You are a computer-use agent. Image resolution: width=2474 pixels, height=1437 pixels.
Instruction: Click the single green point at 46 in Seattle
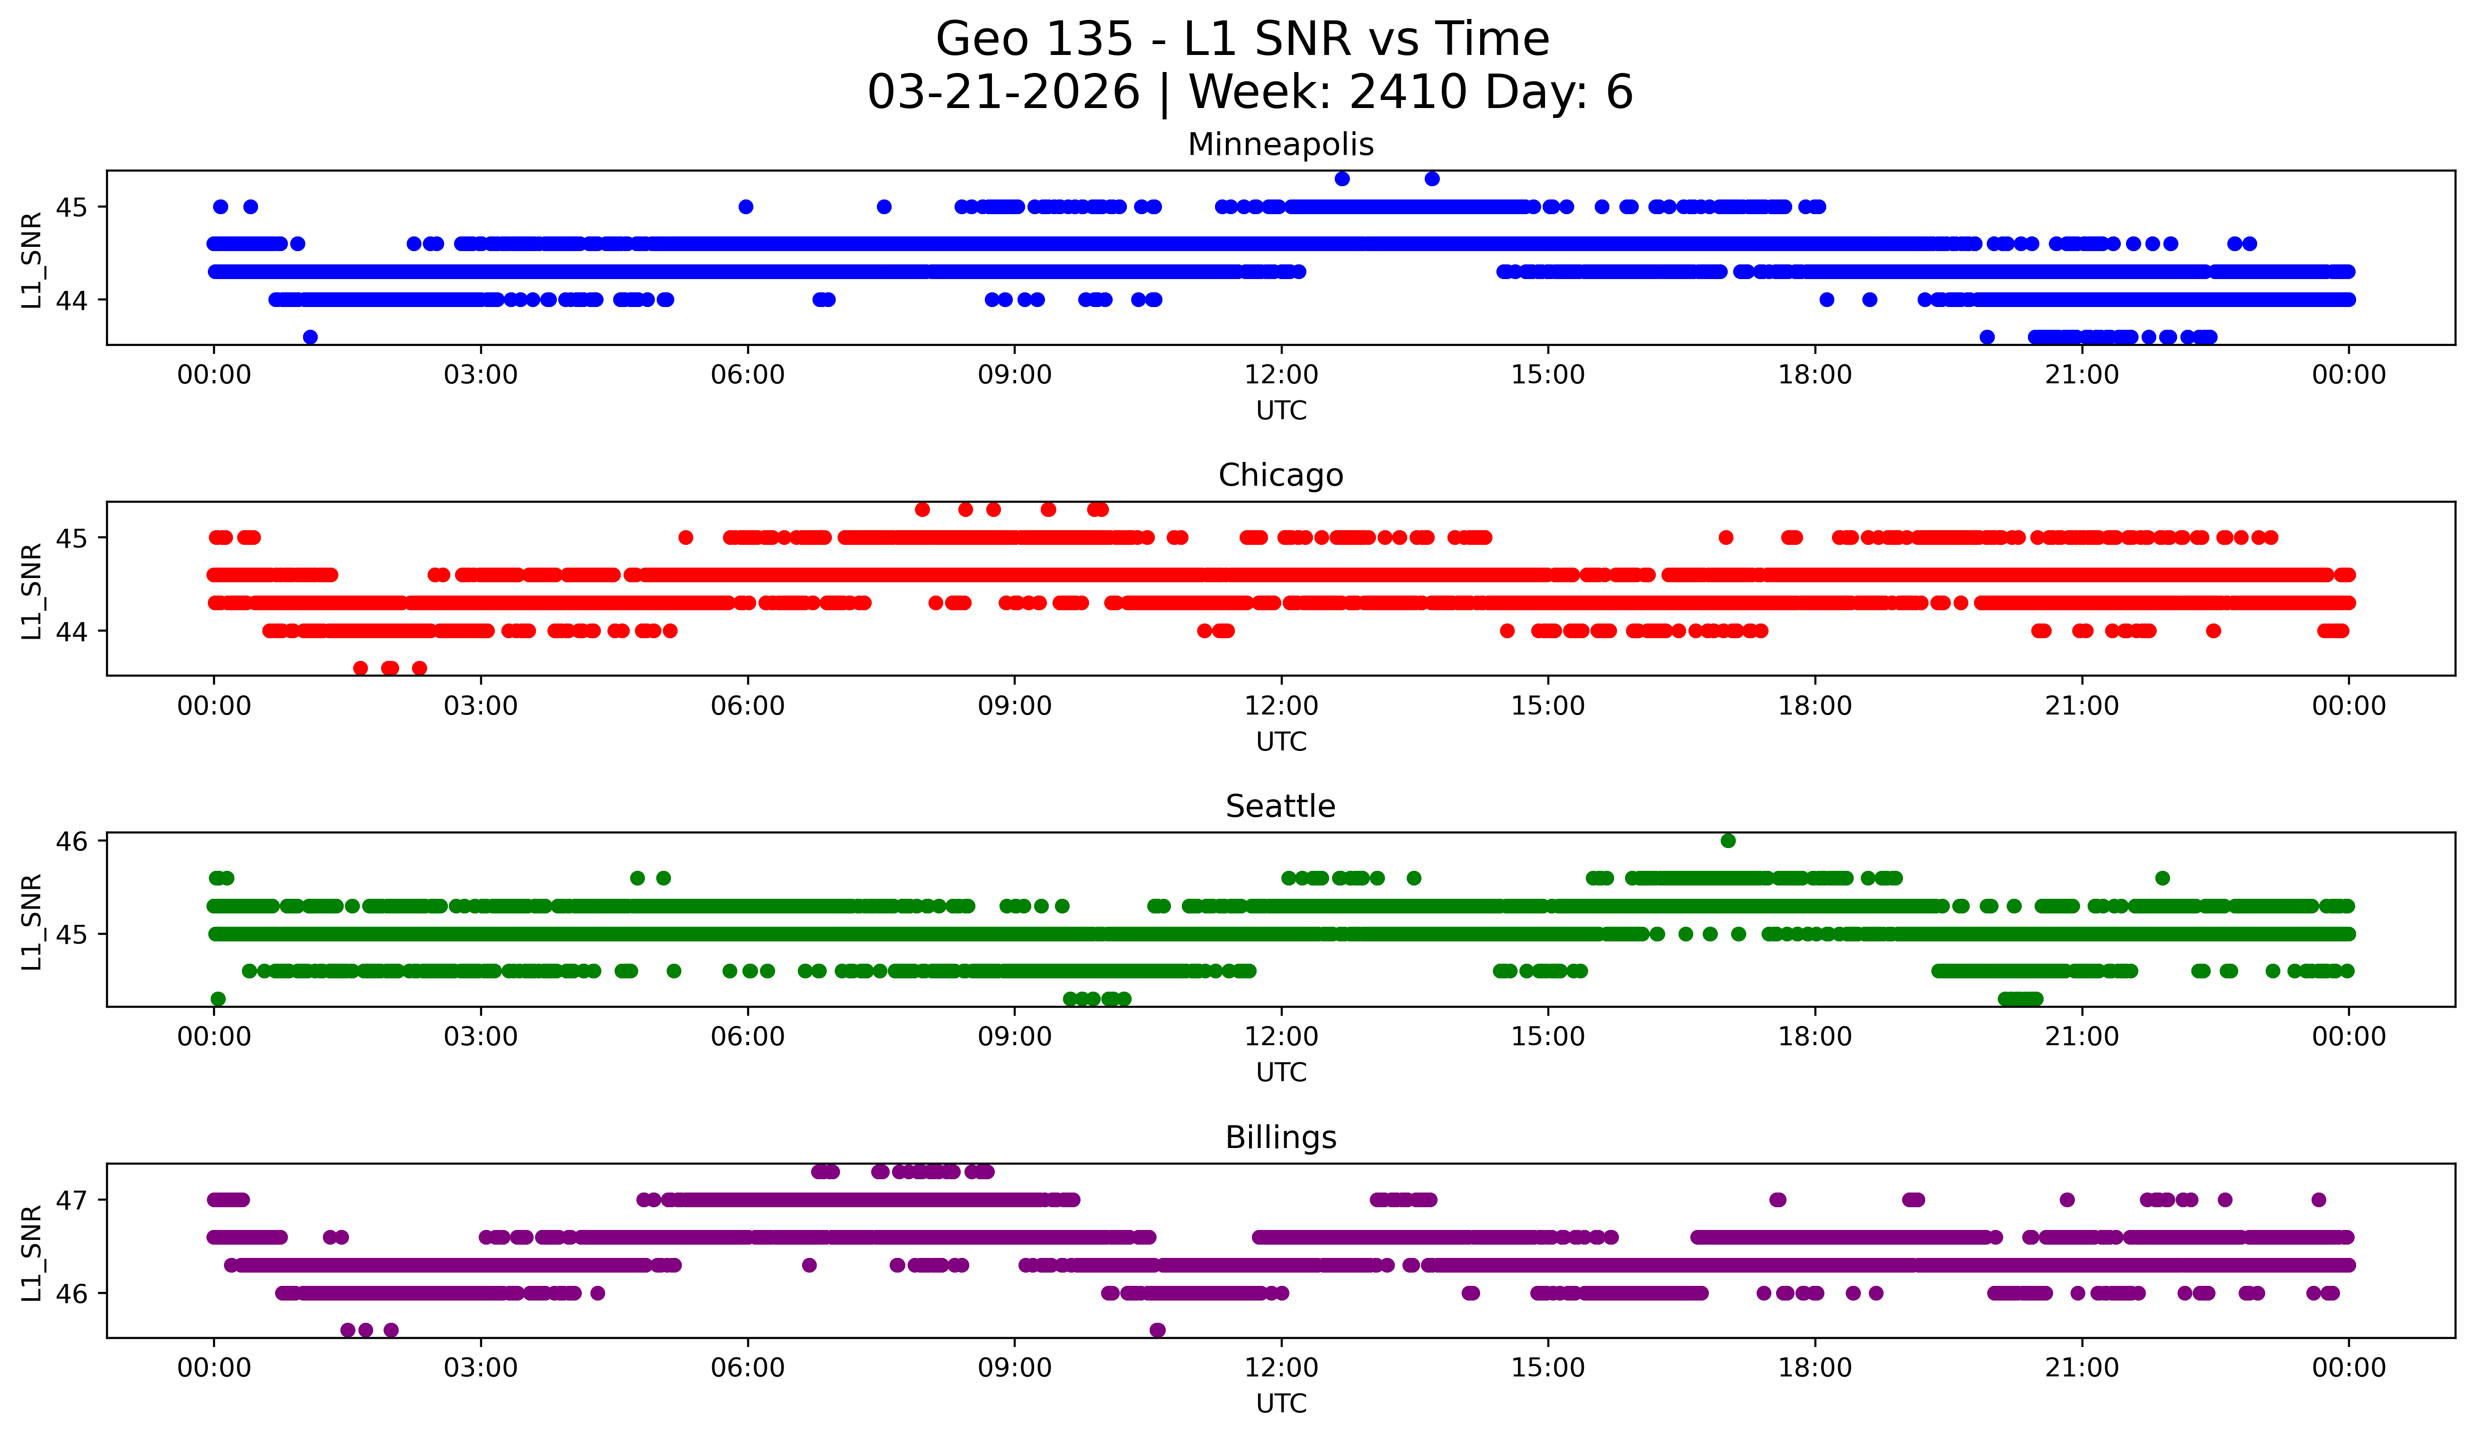(1728, 840)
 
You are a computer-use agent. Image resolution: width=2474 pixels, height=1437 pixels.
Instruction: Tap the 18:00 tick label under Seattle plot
(1814, 1036)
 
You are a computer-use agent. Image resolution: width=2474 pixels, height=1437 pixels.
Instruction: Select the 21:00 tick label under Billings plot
(2081, 1367)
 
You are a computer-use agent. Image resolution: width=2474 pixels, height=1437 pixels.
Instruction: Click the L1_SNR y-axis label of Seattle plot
(31, 922)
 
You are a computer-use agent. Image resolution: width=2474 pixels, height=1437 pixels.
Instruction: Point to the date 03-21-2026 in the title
(1003, 92)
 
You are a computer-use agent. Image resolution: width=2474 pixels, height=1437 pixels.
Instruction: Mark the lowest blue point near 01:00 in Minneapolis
(310, 337)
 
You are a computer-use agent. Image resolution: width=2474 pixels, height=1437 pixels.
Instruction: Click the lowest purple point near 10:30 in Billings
(1158, 1330)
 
